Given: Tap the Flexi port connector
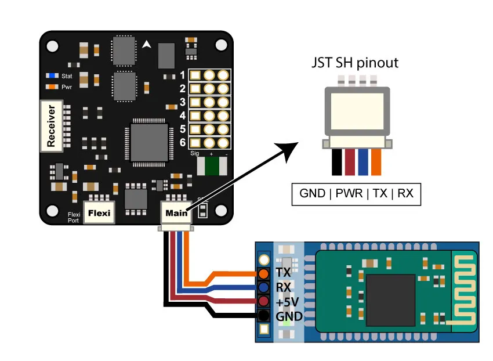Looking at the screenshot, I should (99, 213).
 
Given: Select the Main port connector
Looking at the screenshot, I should (176, 213).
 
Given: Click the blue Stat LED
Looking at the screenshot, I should (53, 75).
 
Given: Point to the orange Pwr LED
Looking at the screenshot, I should (53, 87).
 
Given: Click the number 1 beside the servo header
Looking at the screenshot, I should (183, 75).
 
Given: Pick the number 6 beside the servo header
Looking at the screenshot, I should (183, 142).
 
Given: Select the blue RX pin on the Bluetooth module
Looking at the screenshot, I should (264, 287).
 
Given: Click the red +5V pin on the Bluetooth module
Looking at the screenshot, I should (264, 302).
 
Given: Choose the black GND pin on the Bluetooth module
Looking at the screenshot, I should (264, 316).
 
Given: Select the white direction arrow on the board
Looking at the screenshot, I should (147, 44).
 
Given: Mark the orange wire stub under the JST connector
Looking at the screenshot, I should (376, 163).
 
